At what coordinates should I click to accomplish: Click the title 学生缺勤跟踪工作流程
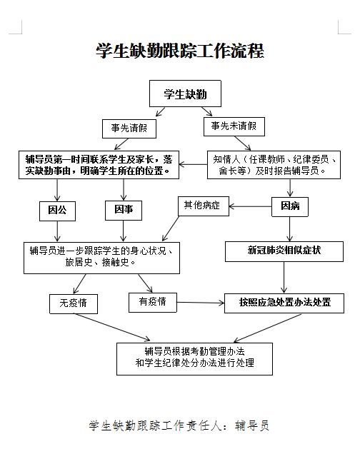(x=180, y=51)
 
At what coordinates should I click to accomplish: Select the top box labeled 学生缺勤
(x=185, y=94)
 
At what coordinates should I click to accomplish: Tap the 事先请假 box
(x=129, y=128)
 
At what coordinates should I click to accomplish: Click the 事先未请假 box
(x=234, y=126)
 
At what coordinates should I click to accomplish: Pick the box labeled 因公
(x=57, y=211)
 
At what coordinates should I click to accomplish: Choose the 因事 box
(x=124, y=211)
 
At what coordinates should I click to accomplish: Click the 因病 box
(x=290, y=206)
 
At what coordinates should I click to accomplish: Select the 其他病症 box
(x=204, y=206)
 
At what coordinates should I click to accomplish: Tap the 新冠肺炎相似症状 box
(x=284, y=251)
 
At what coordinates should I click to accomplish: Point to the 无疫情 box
(x=74, y=303)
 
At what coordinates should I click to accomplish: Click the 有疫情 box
(x=153, y=303)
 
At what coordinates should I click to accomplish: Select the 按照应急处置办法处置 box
(x=284, y=303)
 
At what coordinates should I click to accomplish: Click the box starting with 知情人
(x=274, y=165)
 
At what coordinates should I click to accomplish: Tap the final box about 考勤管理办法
(x=194, y=358)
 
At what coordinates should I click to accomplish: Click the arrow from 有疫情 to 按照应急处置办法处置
(x=201, y=303)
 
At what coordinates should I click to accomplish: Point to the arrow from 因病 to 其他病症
(x=250, y=206)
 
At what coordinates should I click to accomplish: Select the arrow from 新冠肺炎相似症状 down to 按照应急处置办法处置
(x=284, y=278)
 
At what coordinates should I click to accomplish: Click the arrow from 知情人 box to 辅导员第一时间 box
(x=193, y=164)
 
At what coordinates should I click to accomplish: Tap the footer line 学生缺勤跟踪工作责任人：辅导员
(x=179, y=425)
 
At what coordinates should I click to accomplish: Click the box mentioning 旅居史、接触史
(x=101, y=258)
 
